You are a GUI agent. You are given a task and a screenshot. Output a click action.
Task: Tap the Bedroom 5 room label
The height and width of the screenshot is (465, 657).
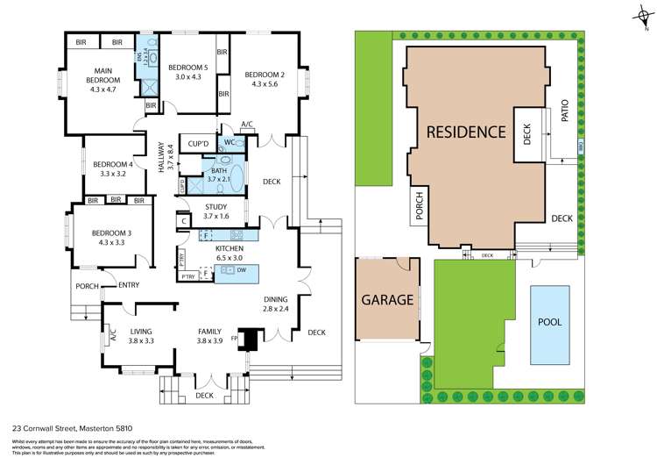point(188,72)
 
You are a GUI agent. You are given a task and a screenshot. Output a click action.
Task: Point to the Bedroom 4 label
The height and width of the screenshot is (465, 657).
point(111,168)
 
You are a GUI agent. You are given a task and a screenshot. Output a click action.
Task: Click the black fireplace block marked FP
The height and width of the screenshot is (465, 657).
point(251,339)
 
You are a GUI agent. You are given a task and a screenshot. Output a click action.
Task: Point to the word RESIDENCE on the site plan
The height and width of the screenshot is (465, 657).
point(466,132)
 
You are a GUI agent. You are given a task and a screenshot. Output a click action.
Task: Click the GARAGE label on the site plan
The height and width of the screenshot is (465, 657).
point(387,299)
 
